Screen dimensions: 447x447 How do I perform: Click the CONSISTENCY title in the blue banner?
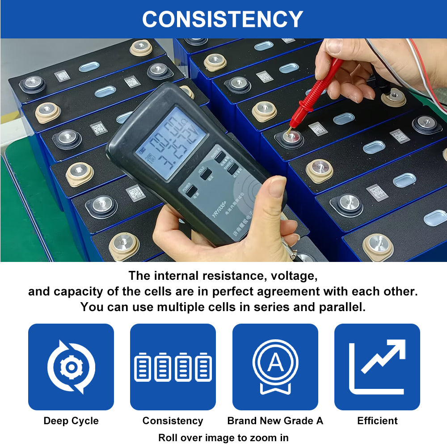click(223, 19)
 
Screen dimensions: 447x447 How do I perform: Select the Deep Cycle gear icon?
click(71, 367)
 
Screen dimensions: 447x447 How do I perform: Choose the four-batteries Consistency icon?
click(173, 367)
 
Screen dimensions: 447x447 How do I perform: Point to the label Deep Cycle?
click(71, 421)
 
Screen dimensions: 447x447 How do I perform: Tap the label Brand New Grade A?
click(275, 421)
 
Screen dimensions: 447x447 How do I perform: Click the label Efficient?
click(377, 421)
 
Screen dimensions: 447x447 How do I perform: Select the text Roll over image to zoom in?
click(223, 438)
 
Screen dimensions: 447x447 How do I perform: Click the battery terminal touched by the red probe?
click(291, 137)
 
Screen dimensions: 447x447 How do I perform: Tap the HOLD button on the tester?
click(206, 173)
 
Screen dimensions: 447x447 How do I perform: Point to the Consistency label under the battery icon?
click(173, 421)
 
